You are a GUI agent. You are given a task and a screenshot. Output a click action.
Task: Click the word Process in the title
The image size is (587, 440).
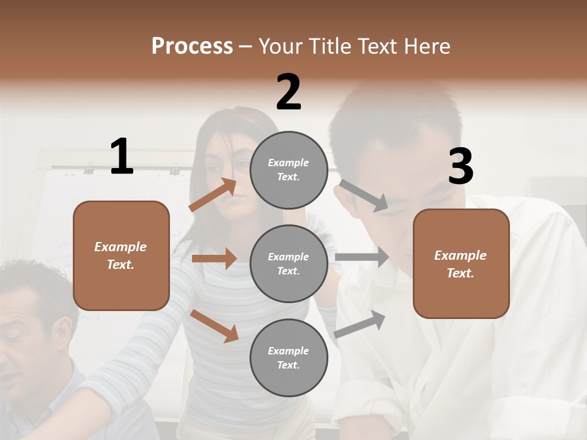pos(192,46)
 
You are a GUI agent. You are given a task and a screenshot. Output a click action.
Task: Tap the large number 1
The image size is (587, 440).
pos(122,157)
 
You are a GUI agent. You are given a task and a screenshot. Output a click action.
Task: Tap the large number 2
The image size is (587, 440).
pos(289,92)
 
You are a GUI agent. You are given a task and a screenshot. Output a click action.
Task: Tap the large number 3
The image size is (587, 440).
pos(460,166)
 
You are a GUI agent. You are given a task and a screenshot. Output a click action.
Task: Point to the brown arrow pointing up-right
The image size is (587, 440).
pos(213,195)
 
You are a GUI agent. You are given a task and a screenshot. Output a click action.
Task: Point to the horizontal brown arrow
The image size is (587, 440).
pos(214,258)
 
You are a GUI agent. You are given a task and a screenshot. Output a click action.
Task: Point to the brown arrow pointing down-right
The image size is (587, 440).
pos(214,326)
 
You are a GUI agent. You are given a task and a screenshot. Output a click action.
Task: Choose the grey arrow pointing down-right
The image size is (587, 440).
pos(364,196)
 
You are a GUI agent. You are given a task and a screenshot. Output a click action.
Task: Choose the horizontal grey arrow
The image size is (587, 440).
pos(362,257)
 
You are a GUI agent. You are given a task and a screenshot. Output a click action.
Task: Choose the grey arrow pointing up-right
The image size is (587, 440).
pos(360,324)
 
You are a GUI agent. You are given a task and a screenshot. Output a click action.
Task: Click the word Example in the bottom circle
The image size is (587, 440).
pos(289,351)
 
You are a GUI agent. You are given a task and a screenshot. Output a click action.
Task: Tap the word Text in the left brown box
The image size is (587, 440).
pos(120,265)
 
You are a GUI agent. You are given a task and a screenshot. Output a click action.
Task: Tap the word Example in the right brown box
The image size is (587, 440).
pos(460,255)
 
